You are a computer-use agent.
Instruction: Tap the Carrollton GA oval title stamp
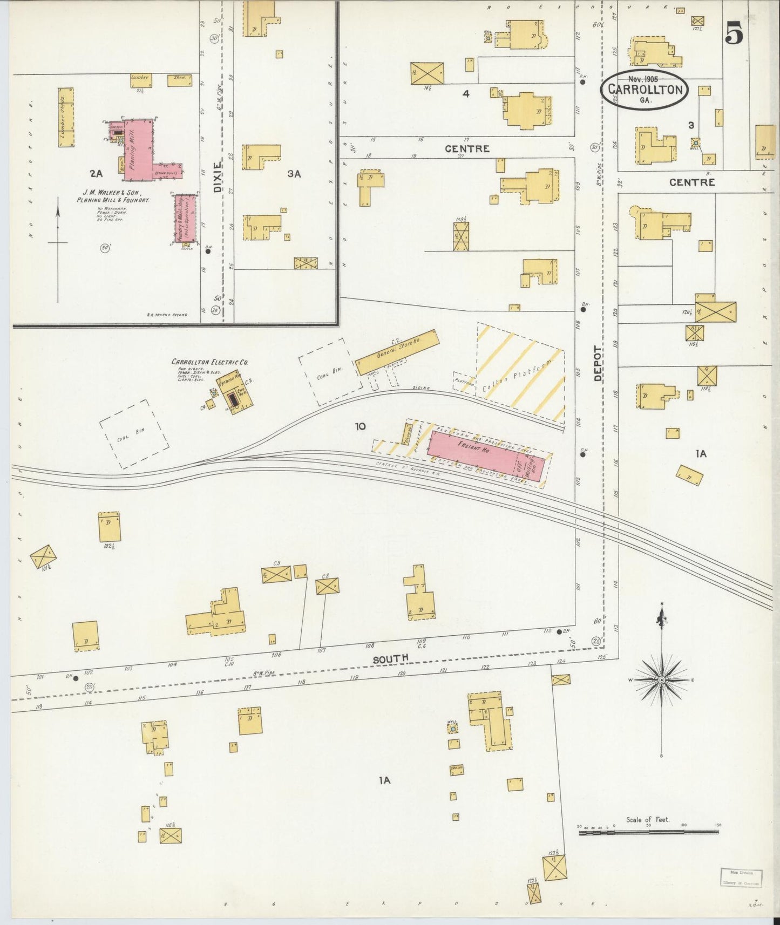coord(644,90)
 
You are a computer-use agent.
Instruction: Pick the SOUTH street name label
coord(390,658)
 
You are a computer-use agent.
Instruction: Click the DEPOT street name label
coord(598,363)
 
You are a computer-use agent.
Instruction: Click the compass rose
coord(662,679)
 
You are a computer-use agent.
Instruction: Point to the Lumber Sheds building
coord(66,117)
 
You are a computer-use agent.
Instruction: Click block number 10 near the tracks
coord(360,426)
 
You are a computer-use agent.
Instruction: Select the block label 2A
coord(96,173)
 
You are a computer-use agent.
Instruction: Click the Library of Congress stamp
coord(741,877)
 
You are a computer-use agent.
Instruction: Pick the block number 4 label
coord(465,93)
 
